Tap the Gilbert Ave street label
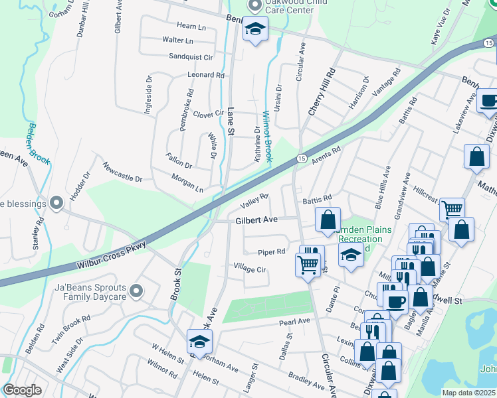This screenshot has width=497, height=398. (x=255, y=220)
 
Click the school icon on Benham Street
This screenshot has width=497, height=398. (x=254, y=29)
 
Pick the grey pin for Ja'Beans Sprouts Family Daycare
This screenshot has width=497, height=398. (x=137, y=291)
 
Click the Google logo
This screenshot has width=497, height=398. (x=22, y=390)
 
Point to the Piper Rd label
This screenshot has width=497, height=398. (x=272, y=252)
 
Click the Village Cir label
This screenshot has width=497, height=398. (x=249, y=269)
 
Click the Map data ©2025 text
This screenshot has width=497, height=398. (x=469, y=393)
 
